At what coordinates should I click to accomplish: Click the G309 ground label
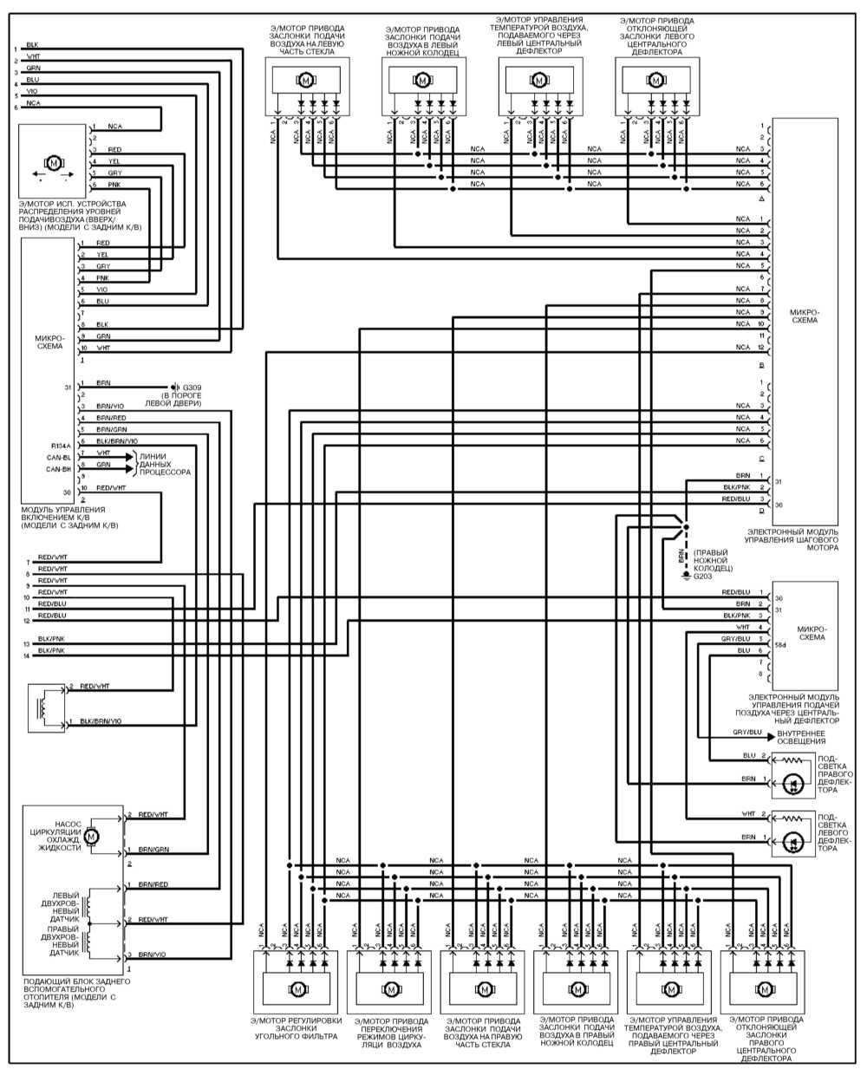pyautogui.click(x=191, y=387)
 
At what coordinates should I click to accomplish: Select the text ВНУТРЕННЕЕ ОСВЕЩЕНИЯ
pyautogui.click(x=801, y=737)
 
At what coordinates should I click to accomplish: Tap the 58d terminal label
pyautogui.click(x=780, y=645)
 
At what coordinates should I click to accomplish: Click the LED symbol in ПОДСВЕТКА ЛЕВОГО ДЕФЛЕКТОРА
pyautogui.click(x=792, y=840)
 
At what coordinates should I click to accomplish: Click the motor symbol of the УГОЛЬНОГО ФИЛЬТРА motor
pyautogui.click(x=297, y=988)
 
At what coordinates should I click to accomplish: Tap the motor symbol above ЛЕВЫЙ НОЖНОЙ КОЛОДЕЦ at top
pyautogui.click(x=422, y=81)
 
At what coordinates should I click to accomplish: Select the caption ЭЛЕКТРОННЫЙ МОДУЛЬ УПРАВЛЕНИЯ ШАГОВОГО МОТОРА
pyautogui.click(x=792, y=538)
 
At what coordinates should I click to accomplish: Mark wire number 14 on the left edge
pyautogui.click(x=27, y=655)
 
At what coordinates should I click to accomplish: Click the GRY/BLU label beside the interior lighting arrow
pyautogui.click(x=746, y=732)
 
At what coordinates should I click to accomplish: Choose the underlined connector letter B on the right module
pyautogui.click(x=760, y=367)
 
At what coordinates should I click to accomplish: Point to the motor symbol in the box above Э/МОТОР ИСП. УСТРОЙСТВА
pyautogui.click(x=54, y=161)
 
